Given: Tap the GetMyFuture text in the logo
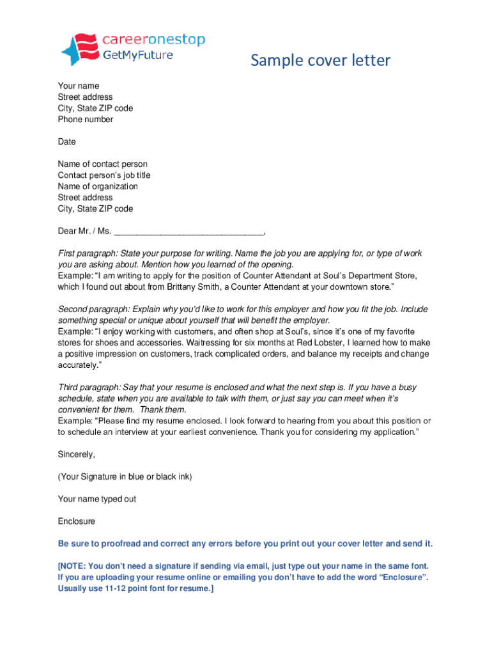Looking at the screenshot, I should (138, 55).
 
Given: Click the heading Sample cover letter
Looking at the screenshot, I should (320, 61).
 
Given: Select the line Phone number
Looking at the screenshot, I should (86, 120).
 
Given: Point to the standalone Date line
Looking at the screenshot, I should (67, 142).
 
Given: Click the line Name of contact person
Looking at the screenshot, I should (103, 164).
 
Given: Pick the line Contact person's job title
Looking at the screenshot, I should (104, 175).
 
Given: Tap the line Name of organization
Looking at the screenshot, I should (98, 187).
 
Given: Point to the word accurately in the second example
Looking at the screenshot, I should (78, 365).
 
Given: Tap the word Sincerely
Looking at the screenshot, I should (77, 454).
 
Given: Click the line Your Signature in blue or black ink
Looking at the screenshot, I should (125, 477).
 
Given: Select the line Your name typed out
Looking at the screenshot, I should (97, 499).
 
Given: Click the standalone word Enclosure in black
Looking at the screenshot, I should (77, 521).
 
